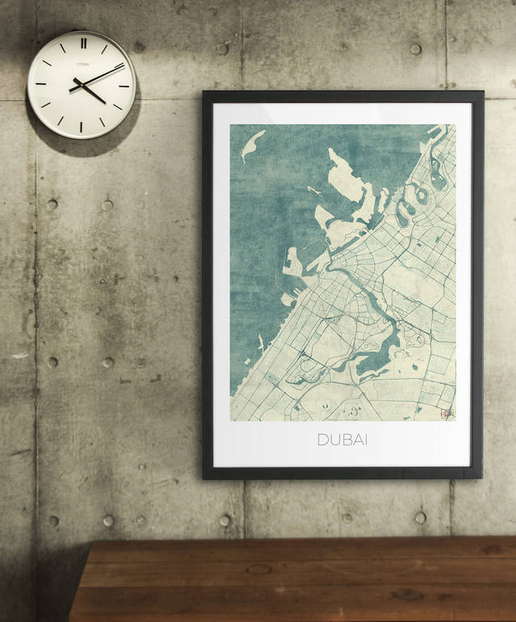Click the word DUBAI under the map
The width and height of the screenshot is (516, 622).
[342, 440]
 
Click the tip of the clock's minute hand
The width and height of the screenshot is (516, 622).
[124, 65]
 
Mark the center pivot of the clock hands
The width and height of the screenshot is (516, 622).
[82, 85]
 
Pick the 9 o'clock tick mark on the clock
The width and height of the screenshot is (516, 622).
[40, 85]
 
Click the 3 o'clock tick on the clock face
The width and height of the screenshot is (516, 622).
[124, 85]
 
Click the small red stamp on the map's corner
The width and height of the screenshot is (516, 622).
[445, 412]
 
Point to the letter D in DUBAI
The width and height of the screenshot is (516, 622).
[322, 440]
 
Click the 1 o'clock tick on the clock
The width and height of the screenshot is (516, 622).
[103, 48]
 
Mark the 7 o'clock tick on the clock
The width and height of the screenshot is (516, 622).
[61, 121]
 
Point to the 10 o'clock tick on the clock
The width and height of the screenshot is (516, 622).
[45, 64]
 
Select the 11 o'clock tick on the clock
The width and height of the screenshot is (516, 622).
[61, 48]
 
